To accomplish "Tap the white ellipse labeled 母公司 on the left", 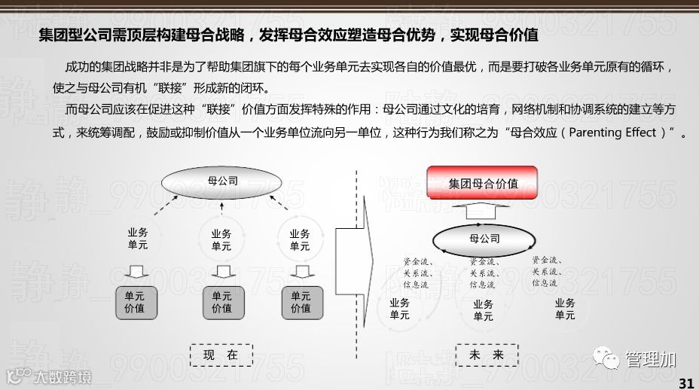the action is click(222, 181).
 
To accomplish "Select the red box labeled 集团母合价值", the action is click(482, 183).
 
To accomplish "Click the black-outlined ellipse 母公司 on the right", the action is click(484, 239).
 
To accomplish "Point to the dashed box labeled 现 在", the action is click(221, 355).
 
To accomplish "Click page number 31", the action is click(685, 382).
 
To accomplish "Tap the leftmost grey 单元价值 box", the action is click(135, 302).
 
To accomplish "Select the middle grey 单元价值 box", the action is click(221, 302).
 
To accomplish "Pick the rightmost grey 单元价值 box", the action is click(301, 302).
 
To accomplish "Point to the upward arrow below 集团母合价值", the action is click(484, 212).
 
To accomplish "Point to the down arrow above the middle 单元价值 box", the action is click(221, 270).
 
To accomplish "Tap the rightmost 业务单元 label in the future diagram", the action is click(565, 309).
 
